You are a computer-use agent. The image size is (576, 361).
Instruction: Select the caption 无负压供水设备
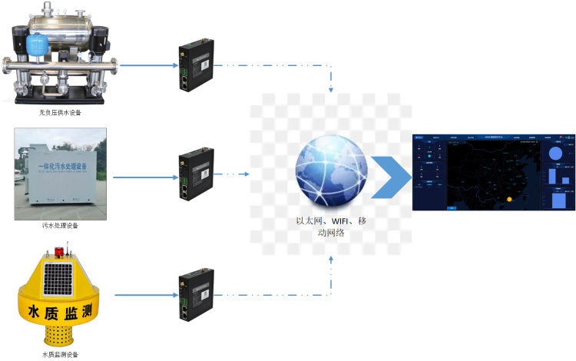tap(60, 112)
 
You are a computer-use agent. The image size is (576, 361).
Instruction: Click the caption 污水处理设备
tap(60, 226)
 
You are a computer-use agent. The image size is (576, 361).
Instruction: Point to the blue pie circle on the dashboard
tap(559, 154)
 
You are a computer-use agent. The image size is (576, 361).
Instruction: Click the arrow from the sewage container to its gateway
tap(142, 176)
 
